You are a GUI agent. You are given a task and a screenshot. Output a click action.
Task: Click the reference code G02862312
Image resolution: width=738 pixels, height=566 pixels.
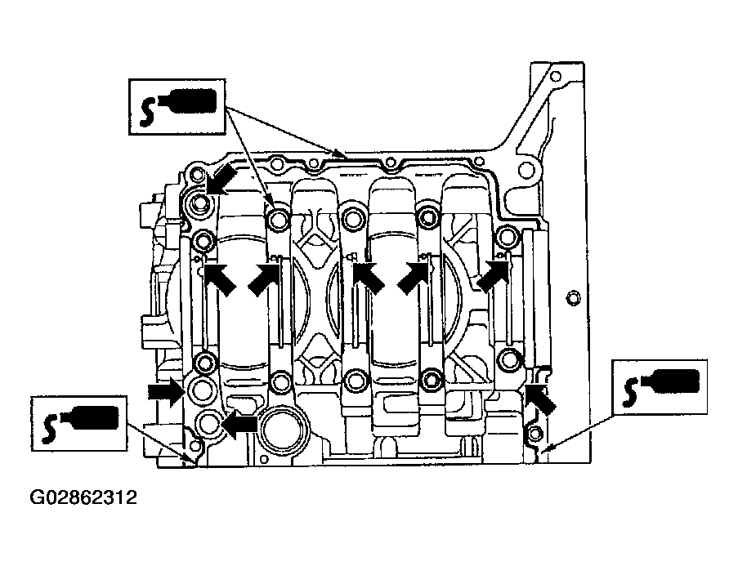[x=83, y=497]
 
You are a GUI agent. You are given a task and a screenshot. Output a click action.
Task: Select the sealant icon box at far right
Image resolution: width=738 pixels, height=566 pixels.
[x=659, y=387]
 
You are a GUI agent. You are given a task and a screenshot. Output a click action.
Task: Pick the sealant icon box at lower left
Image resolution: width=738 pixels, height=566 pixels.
[x=79, y=423]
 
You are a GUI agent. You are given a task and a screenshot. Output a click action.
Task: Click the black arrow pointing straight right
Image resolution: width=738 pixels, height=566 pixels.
[x=166, y=391]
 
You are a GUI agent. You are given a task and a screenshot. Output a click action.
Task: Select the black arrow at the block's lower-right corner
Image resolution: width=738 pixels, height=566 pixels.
[x=540, y=399]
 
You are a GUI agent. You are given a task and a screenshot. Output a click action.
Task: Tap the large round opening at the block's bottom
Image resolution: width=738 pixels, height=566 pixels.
[x=284, y=429]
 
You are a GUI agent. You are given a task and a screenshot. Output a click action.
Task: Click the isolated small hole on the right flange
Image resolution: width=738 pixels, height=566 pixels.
[x=573, y=298]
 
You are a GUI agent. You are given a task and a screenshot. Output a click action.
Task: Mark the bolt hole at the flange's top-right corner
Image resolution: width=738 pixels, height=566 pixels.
[x=556, y=76]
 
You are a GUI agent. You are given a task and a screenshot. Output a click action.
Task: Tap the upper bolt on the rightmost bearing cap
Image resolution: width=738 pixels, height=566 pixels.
[x=507, y=235]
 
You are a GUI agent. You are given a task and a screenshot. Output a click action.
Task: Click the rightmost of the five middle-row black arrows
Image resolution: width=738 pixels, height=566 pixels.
[x=494, y=277]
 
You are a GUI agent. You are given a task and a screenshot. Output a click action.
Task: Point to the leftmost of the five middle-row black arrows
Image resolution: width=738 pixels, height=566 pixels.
[x=221, y=280]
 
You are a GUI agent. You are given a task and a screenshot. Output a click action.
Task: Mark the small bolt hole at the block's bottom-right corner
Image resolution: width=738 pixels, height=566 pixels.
[x=534, y=434]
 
